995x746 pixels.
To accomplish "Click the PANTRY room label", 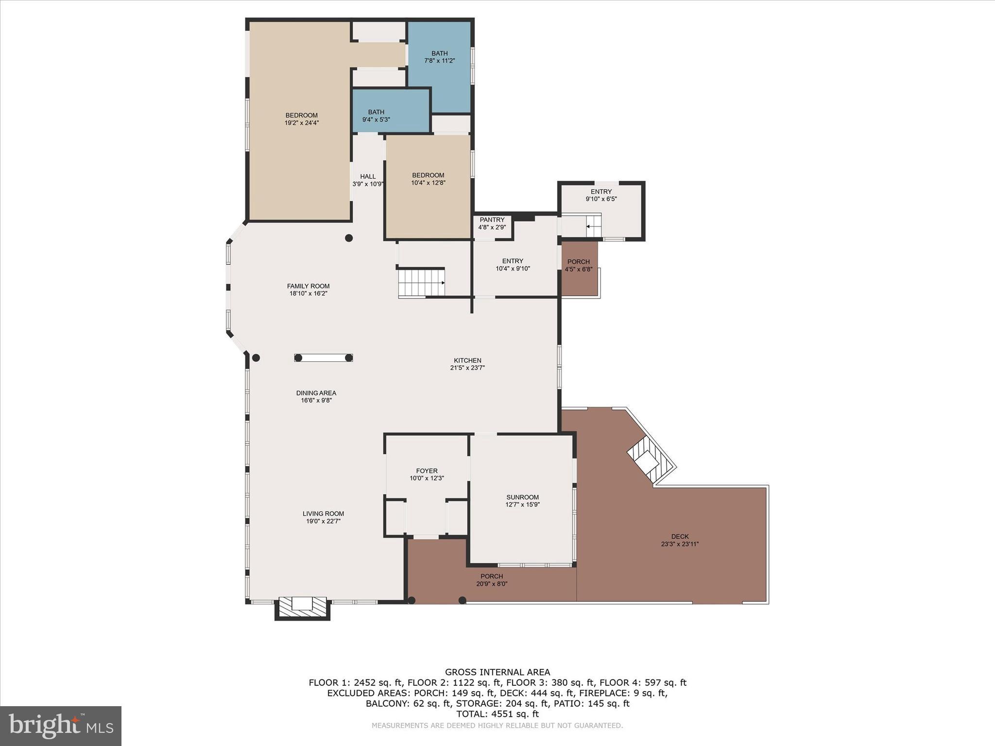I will tap(492, 220).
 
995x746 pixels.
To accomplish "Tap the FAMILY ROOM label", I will tap(308, 286).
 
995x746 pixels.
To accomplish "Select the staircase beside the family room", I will tap(421, 282).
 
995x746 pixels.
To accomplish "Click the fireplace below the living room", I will tap(303, 608).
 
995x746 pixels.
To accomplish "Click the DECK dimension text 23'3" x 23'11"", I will tap(680, 544).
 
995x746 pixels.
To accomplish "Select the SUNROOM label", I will tap(522, 497).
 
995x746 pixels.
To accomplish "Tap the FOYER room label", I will tap(427, 471).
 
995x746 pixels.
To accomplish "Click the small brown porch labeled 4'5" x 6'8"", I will tap(579, 269).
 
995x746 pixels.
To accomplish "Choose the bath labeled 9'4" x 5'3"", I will tap(376, 116).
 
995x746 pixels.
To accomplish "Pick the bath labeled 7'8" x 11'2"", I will tap(439, 57).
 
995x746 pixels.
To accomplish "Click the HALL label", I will tap(368, 176).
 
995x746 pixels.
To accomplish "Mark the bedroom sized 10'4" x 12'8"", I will tap(428, 179).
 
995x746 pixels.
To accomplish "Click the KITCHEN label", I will tap(467, 360).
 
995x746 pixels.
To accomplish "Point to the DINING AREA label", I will tap(316, 393).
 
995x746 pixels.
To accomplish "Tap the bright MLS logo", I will tap(61, 726).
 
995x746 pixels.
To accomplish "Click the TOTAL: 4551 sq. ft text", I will tap(497, 714).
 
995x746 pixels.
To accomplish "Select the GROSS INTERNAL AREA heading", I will tap(497, 672).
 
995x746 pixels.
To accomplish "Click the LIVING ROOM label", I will tap(323, 513).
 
